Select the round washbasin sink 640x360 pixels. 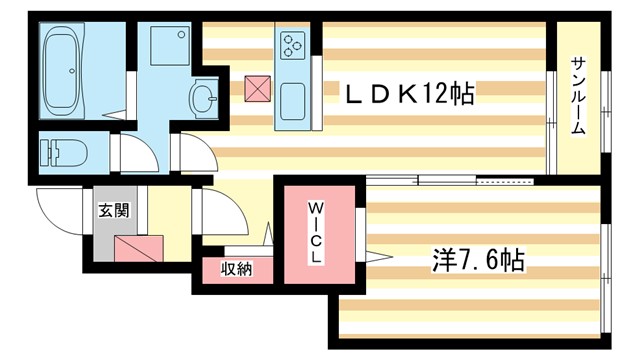click(x=204, y=98)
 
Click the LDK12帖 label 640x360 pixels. click(x=409, y=95)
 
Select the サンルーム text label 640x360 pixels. click(x=579, y=96)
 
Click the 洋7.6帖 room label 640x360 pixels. click(x=478, y=262)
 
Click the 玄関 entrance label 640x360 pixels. click(x=113, y=211)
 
